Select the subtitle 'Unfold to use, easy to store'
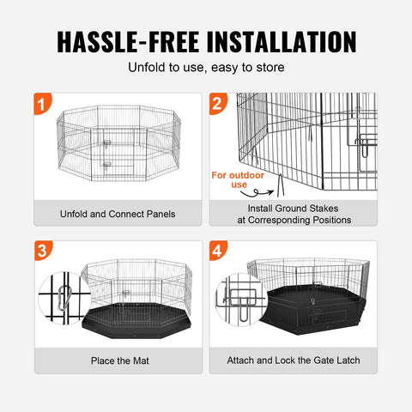coord(206,68)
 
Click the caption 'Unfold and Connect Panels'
coord(118,214)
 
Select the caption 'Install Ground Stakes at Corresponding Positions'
coord(294,214)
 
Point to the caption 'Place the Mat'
coord(118,360)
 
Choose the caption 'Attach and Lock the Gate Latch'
coord(294,360)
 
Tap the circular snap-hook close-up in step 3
coord(61,300)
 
